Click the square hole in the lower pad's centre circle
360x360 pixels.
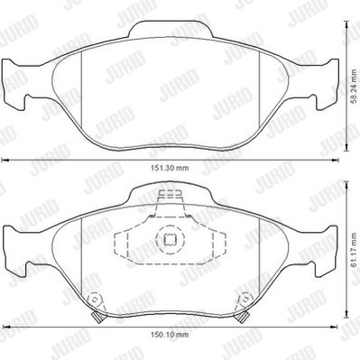point(169,239)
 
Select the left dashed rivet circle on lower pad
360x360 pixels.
point(95,300)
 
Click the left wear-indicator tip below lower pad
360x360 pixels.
point(97,318)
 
